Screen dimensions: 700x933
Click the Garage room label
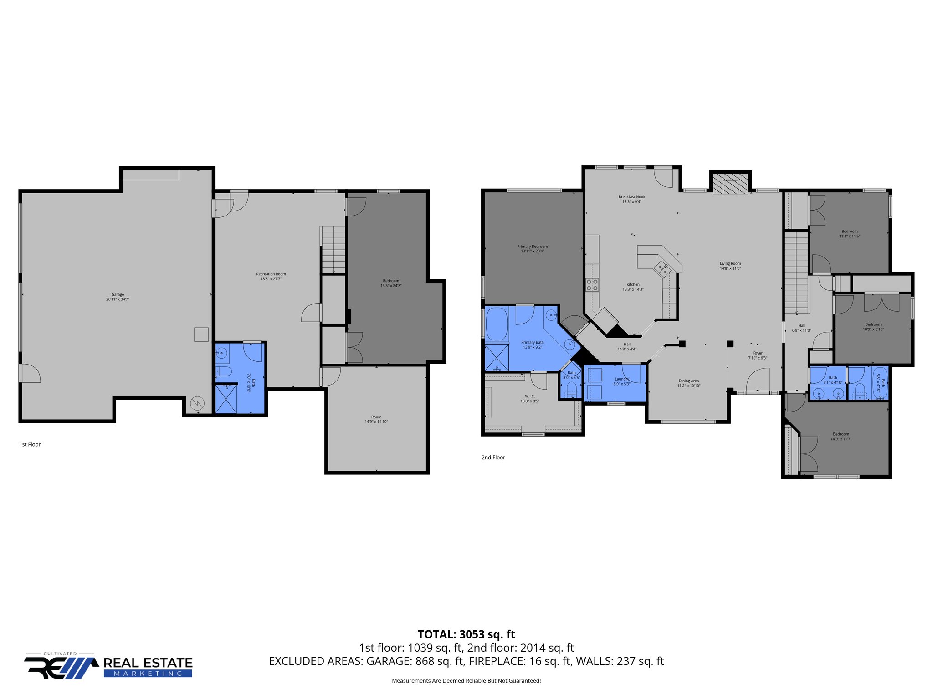pos(118,294)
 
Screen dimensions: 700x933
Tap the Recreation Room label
pos(271,274)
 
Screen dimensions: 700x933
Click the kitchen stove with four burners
pos(592,285)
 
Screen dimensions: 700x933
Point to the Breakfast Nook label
pos(631,197)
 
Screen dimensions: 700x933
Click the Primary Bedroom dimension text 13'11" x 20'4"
pos(532,251)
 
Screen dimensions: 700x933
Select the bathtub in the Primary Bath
pos(497,324)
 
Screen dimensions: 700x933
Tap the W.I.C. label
pos(529,396)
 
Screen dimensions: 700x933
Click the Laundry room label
pos(621,379)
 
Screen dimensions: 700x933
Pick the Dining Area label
pos(688,381)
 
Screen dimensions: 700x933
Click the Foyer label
pos(758,353)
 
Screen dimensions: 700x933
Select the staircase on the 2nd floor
pos(796,273)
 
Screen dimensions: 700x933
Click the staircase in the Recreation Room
pos(333,249)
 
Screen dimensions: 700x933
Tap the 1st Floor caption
pos(30,444)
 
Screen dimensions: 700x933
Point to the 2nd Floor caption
pos(493,458)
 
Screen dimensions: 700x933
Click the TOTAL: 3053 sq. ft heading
pos(466,634)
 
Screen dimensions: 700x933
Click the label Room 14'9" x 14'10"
pos(376,419)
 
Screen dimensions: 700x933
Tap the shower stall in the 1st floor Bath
pos(226,399)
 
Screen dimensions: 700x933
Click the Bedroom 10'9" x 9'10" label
pos(873,327)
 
